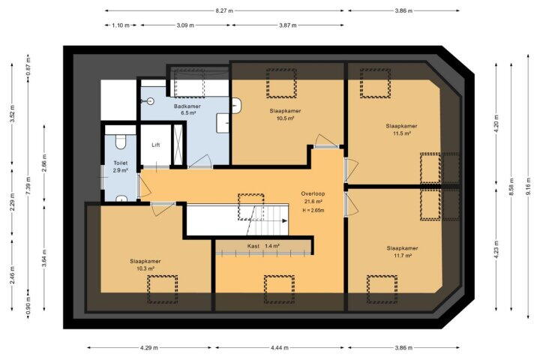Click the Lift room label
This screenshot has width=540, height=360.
pyautogui.click(x=156, y=145)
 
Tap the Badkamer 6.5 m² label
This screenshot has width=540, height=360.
pyautogui.click(x=187, y=109)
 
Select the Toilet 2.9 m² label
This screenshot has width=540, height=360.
pyautogui.click(x=121, y=166)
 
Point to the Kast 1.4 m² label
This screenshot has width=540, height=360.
pyautogui.click(x=263, y=246)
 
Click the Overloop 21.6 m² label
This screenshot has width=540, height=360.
pyautogui.click(x=313, y=197)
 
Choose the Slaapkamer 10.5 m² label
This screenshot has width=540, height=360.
pyautogui.click(x=285, y=114)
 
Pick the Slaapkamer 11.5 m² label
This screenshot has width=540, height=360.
pyautogui.click(x=401, y=130)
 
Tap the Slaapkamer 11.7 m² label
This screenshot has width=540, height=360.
pyautogui.click(x=402, y=251)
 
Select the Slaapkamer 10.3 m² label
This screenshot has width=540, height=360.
pyautogui.click(x=145, y=265)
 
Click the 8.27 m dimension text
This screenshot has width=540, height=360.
pyautogui.click(x=224, y=10)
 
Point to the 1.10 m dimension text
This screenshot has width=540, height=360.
pyautogui.click(x=121, y=25)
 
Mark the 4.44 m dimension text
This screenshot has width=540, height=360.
pyautogui.click(x=280, y=348)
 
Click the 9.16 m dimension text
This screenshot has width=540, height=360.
pyautogui.click(x=528, y=186)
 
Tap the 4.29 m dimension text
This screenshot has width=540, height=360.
pyautogui.click(x=149, y=348)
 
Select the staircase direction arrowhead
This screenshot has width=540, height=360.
pyautogui.click(x=285, y=220)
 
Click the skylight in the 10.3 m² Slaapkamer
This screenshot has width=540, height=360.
pyautogui.click(x=163, y=289)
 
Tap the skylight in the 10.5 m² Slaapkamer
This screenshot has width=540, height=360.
pyautogui.click(x=281, y=83)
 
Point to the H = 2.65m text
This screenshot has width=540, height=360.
pyautogui.click(x=313, y=210)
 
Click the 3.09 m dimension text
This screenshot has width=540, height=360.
pyautogui.click(x=185, y=25)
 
